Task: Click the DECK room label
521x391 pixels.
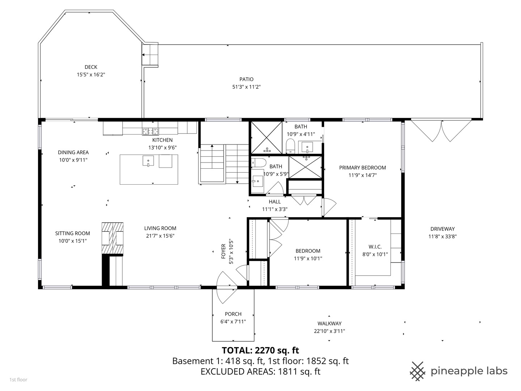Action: (91, 67)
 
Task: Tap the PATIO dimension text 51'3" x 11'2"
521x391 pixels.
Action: (246, 87)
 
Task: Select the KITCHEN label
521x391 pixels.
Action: (162, 140)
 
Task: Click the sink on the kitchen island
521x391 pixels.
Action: (148, 161)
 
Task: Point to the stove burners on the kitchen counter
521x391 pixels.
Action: (150, 131)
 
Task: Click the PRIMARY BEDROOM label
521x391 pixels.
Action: (363, 168)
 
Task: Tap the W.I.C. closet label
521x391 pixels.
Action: (375, 247)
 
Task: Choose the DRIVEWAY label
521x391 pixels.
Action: (442, 229)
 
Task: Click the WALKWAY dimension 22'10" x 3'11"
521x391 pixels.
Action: (330, 331)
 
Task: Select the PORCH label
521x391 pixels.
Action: (233, 314)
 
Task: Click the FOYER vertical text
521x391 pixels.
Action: (223, 251)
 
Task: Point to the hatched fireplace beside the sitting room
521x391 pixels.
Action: (113, 238)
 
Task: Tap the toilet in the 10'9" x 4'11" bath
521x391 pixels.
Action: (290, 146)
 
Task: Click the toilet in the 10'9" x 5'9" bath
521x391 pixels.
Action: (259, 163)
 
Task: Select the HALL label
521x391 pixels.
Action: (275, 202)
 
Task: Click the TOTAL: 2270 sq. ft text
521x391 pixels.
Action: (260, 350)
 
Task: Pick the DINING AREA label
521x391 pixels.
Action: (73, 152)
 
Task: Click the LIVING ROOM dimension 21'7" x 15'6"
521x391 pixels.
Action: (160, 236)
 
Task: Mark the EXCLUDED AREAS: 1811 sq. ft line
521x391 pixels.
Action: (260, 371)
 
